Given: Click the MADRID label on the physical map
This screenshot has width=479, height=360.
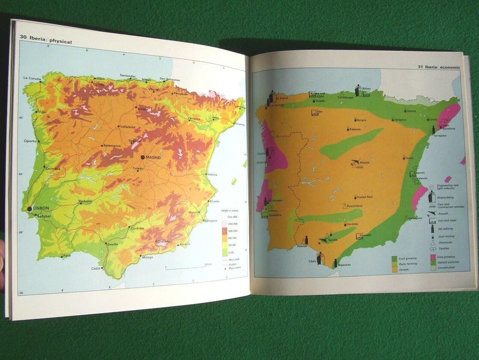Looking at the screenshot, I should (153, 157).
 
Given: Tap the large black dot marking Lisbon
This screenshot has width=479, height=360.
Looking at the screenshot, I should (30, 209).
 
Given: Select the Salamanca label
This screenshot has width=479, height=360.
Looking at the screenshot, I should (112, 145).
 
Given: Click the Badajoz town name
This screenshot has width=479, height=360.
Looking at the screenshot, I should (85, 200).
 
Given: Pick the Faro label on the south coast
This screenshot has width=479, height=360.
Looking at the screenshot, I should (67, 256).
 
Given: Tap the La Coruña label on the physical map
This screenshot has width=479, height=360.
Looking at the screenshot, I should (31, 78).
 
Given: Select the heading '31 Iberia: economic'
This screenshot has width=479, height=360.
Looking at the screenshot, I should (439, 67).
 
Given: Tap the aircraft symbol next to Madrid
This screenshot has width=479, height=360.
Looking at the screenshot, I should (354, 162).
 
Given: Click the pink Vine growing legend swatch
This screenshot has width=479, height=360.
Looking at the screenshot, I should (434, 258).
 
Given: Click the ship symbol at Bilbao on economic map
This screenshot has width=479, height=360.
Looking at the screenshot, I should (358, 90).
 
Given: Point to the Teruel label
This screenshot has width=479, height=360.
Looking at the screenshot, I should (409, 158).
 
